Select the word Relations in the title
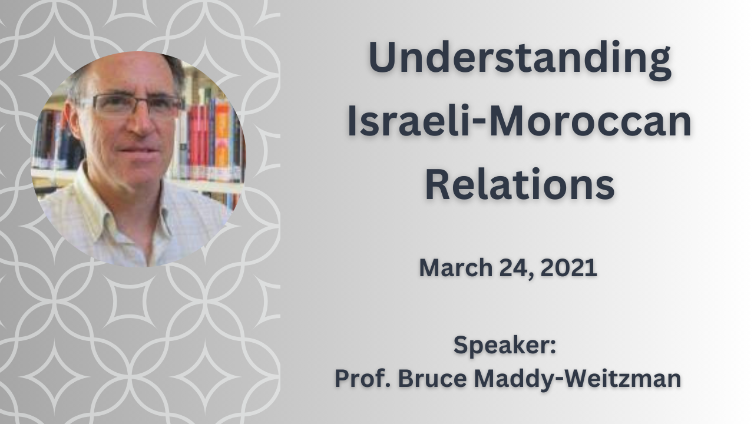tap(520, 184)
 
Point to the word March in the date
tap(456, 268)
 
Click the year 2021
tap(569, 268)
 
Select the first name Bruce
tap(432, 378)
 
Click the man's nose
tap(141, 121)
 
